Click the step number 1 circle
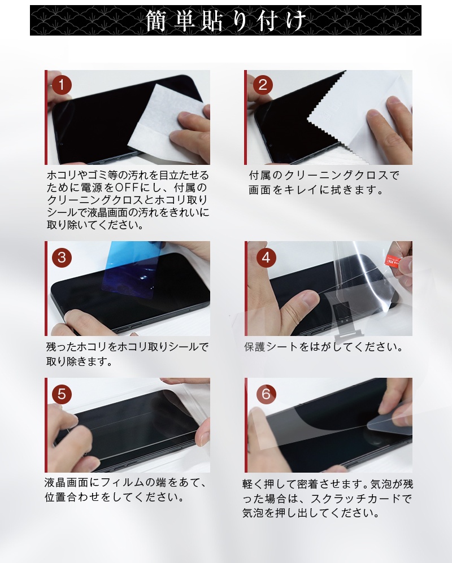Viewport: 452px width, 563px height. click(62, 85)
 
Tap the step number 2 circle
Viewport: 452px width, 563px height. click(263, 85)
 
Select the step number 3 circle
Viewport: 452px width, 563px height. click(62, 258)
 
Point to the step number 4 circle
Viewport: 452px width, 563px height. click(266, 258)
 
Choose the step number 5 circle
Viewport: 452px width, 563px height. click(62, 394)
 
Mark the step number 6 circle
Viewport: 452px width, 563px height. click(266, 394)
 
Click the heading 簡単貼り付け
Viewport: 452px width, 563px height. click(226, 20)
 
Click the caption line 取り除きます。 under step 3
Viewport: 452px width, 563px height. click(80, 361)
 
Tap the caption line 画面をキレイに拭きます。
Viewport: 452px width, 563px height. click(317, 190)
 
